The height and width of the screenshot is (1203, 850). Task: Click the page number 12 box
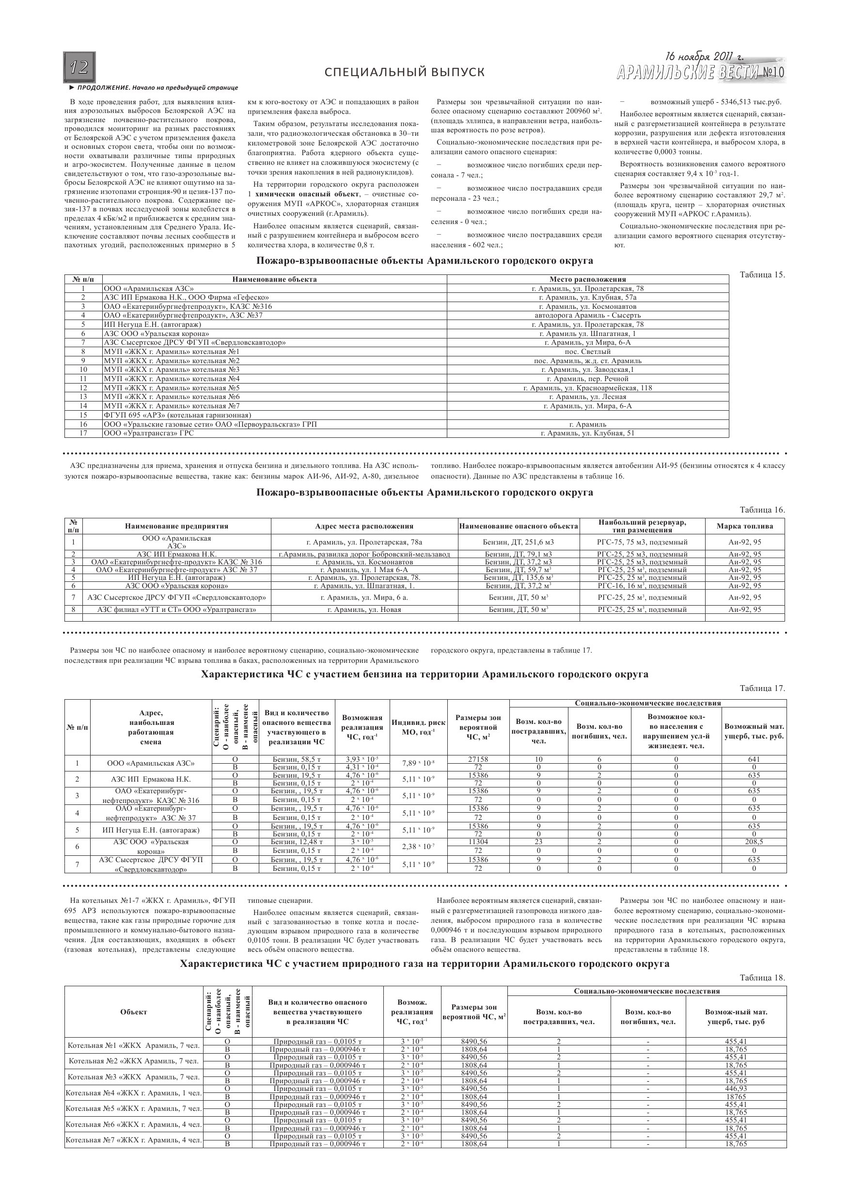click(79, 67)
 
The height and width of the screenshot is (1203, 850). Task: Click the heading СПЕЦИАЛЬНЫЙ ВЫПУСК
click(404, 72)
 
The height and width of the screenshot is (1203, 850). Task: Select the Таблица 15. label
click(762, 274)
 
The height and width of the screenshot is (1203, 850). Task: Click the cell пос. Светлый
click(588, 352)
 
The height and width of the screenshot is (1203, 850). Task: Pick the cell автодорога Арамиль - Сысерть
click(588, 316)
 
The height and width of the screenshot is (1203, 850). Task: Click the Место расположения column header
click(588, 279)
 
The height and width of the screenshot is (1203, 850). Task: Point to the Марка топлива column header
click(745, 526)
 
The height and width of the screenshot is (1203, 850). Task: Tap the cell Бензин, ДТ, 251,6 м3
click(519, 542)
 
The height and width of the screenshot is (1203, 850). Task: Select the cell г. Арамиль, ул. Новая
click(364, 610)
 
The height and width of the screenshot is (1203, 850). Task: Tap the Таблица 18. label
click(762, 978)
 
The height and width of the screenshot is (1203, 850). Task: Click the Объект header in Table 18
click(134, 1012)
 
